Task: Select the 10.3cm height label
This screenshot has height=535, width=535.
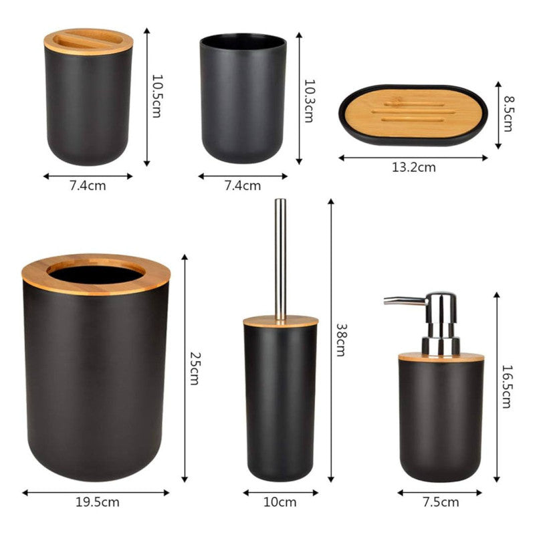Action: click(308, 100)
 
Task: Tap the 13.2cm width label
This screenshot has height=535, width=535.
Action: click(413, 167)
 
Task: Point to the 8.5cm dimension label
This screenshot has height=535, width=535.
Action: click(508, 114)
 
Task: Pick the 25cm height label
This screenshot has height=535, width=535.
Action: click(194, 368)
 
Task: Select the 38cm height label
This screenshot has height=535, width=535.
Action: click(340, 340)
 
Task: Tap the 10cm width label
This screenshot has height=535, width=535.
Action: click(280, 502)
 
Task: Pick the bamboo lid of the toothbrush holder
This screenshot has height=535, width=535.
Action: click(88, 41)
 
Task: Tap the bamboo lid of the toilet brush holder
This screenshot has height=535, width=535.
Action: click(280, 322)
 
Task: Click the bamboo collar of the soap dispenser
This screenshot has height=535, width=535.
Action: click(441, 357)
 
